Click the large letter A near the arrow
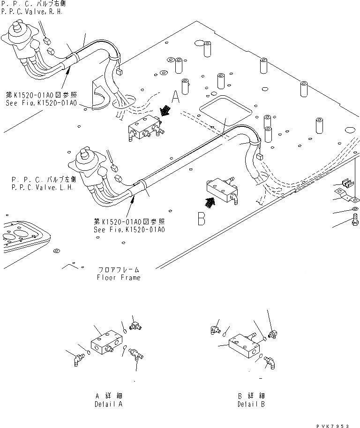[x=176, y=97]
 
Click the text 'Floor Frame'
[x=119, y=277]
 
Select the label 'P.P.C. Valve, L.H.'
[x=42, y=187]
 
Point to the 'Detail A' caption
[x=108, y=404]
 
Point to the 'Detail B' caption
[x=251, y=404]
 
